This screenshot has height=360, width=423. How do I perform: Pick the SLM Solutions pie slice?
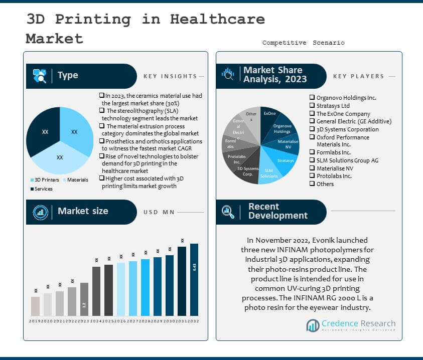click(269, 173)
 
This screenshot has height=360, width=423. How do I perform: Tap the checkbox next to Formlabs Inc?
click(312, 152)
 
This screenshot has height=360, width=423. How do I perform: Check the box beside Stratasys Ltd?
click(312, 106)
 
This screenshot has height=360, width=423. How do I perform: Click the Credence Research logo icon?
click(313, 326)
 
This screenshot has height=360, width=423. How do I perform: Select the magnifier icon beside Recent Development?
click(228, 212)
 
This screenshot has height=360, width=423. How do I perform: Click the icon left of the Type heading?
click(40, 76)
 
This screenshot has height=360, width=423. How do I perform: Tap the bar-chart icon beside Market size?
click(40, 212)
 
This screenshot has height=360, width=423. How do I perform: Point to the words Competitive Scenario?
click(303, 43)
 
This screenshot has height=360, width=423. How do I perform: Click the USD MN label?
click(159, 212)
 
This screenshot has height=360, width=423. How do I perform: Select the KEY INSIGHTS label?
click(170, 76)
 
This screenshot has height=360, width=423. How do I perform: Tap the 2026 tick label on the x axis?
click(121, 321)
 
